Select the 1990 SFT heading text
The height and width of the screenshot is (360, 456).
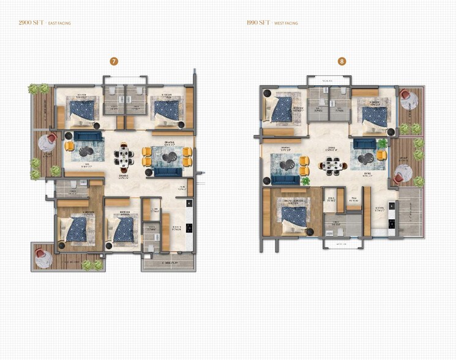[x=258, y=23]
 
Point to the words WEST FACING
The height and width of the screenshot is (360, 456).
[x=286, y=23]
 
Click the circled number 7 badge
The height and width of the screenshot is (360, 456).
[x=113, y=61]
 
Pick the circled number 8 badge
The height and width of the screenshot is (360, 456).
[x=342, y=61]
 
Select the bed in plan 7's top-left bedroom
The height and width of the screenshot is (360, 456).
[x=82, y=110]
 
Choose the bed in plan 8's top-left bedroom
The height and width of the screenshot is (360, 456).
[x=282, y=110]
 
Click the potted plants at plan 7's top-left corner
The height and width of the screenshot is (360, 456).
[x=38, y=89]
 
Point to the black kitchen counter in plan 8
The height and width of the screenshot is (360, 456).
[x=392, y=214]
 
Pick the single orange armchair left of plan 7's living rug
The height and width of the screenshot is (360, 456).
[x=69, y=147]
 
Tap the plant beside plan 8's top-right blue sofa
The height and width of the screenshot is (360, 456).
[x=383, y=143]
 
